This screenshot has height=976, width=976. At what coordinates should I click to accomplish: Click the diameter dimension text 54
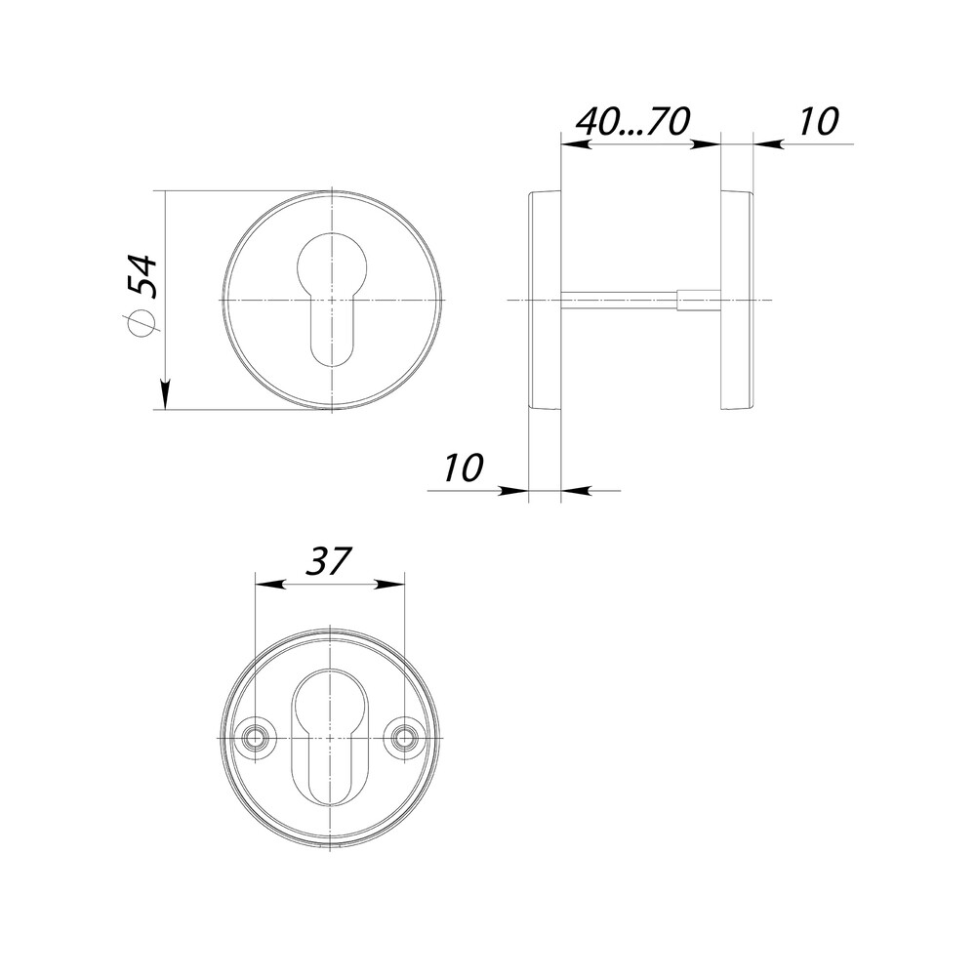point(142,275)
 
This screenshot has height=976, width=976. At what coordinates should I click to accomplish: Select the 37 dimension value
point(328,561)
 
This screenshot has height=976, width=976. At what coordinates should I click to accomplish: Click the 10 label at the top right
point(819,121)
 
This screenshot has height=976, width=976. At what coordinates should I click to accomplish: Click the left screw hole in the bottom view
point(254,737)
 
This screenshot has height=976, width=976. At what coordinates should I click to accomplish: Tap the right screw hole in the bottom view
point(405,737)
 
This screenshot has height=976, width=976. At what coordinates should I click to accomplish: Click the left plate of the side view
point(545,300)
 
